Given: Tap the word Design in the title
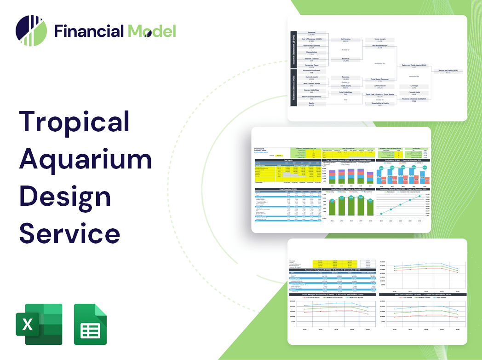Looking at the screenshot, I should click(65, 197).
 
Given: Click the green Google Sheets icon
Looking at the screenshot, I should click(90, 324).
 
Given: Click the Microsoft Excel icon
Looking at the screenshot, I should click(39, 324).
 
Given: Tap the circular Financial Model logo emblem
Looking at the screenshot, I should click(31, 31).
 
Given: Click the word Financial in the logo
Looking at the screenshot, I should click(89, 31).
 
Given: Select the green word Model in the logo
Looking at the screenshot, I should click(151, 31).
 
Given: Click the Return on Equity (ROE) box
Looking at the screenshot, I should click(448, 71).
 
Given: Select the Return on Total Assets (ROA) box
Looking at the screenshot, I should click(413, 66).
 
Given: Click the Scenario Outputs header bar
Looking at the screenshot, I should click(331, 270).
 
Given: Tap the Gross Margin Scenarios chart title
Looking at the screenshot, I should click(331, 294).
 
